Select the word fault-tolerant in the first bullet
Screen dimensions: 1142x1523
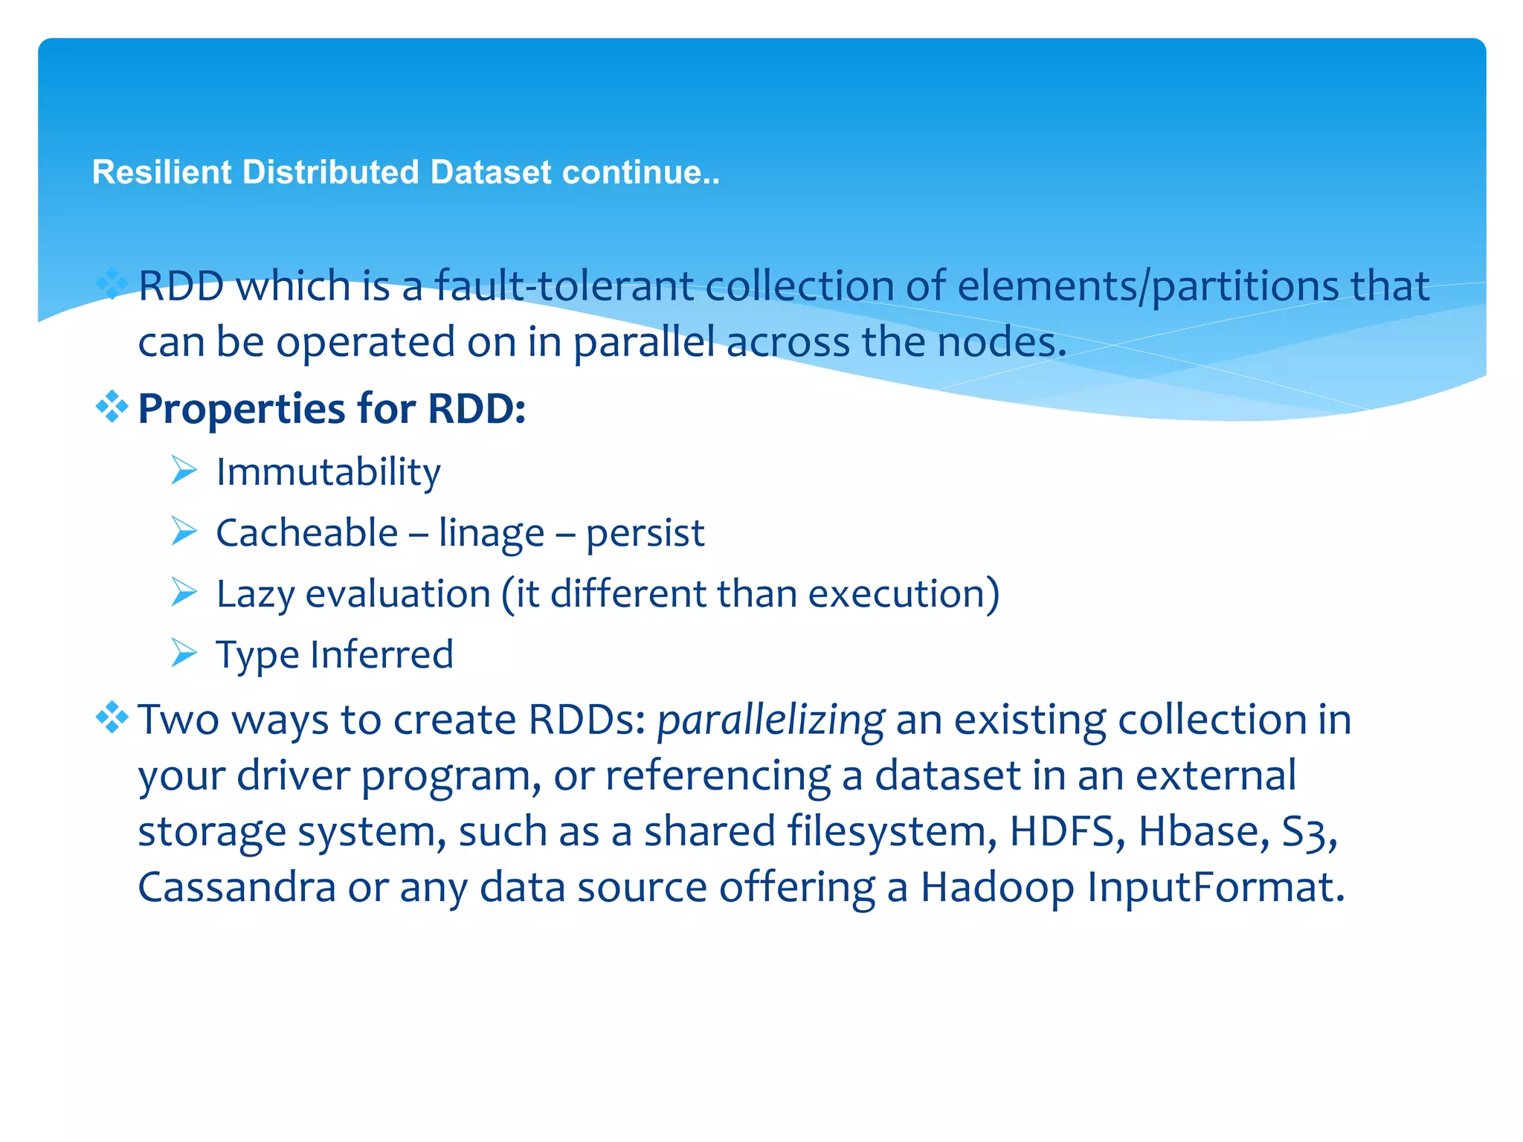click(x=563, y=286)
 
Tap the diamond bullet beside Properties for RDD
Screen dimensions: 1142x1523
click(x=112, y=407)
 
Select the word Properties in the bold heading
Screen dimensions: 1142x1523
click(x=242, y=409)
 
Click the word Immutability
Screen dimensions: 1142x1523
click(x=328, y=473)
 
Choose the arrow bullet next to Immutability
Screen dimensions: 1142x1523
click(x=184, y=470)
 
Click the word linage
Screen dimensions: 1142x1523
click(x=491, y=534)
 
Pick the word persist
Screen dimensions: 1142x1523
click(x=645, y=534)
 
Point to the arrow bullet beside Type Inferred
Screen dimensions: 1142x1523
click(x=184, y=653)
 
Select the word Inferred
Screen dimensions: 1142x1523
click(x=381, y=655)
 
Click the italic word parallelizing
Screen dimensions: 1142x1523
click(x=770, y=720)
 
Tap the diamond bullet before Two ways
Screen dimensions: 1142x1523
click(x=112, y=717)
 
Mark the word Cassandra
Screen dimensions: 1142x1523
click(x=237, y=887)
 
